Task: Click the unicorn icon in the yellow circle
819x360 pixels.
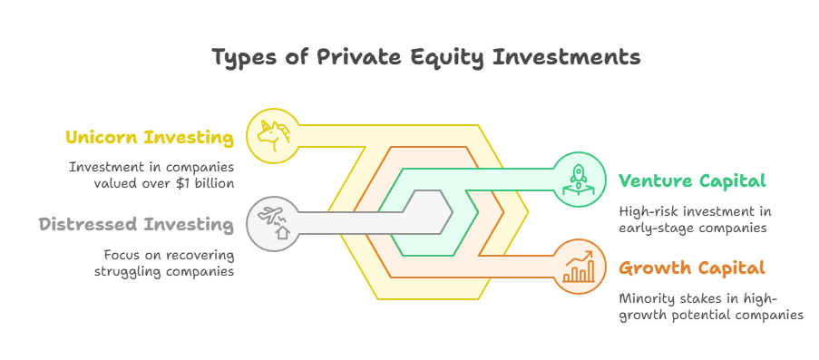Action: point(273,136)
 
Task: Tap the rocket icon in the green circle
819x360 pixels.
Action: point(579,180)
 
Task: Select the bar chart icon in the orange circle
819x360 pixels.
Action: point(579,267)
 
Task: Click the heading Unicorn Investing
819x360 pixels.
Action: point(150,138)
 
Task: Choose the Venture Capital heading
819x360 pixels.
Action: point(692,180)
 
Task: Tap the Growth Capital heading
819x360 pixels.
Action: point(692,268)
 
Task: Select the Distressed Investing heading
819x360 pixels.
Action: point(136,225)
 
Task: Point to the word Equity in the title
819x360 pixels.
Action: point(446,57)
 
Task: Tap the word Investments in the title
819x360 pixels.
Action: point(565,56)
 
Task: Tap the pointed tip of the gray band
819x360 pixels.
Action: point(452,212)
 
